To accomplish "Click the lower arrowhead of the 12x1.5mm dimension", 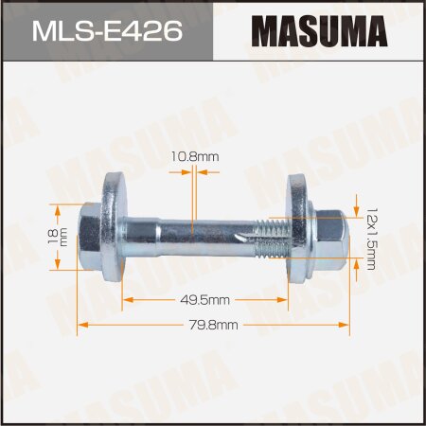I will pyautogui.click(x=354, y=268).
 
